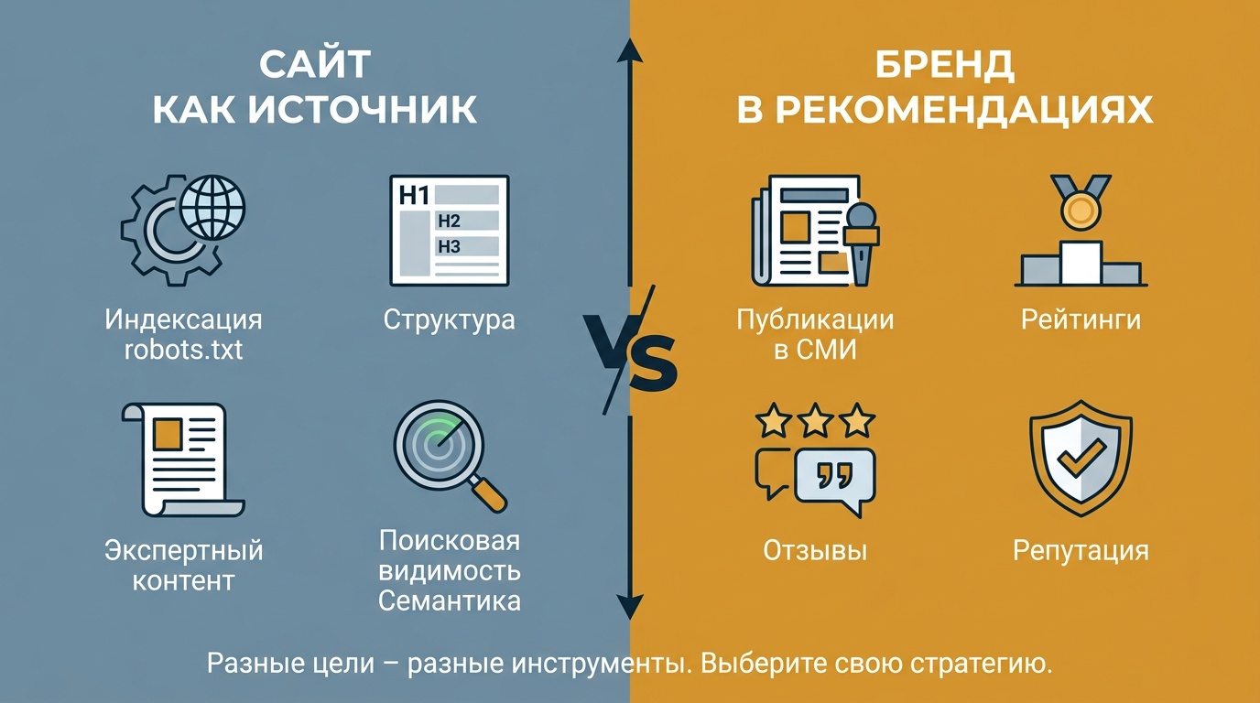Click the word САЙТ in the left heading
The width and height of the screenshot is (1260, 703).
coord(314,65)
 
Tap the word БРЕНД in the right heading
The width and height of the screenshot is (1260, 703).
coord(944,65)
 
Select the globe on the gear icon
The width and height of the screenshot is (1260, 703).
coord(212,208)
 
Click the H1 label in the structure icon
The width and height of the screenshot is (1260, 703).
coord(415,196)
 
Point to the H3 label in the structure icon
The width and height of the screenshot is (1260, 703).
coord(449,246)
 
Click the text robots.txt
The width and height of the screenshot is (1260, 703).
coord(183,350)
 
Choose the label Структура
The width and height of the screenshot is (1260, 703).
coord(449,320)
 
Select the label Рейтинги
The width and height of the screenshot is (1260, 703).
coord(1081,320)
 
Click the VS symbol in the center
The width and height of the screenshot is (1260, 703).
coord(630,351)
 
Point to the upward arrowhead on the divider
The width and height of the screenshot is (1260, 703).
coord(630,49)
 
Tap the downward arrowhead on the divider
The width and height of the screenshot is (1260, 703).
coord(630,608)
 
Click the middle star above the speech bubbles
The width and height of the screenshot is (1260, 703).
coord(815,419)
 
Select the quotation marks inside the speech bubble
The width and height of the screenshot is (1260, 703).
coord(835,476)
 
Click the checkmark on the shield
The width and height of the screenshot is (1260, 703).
coord(1081,456)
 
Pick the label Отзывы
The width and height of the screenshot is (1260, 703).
coord(815,550)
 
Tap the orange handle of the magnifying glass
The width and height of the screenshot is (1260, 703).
coord(489,494)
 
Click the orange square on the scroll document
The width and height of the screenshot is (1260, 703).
coord(168,434)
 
